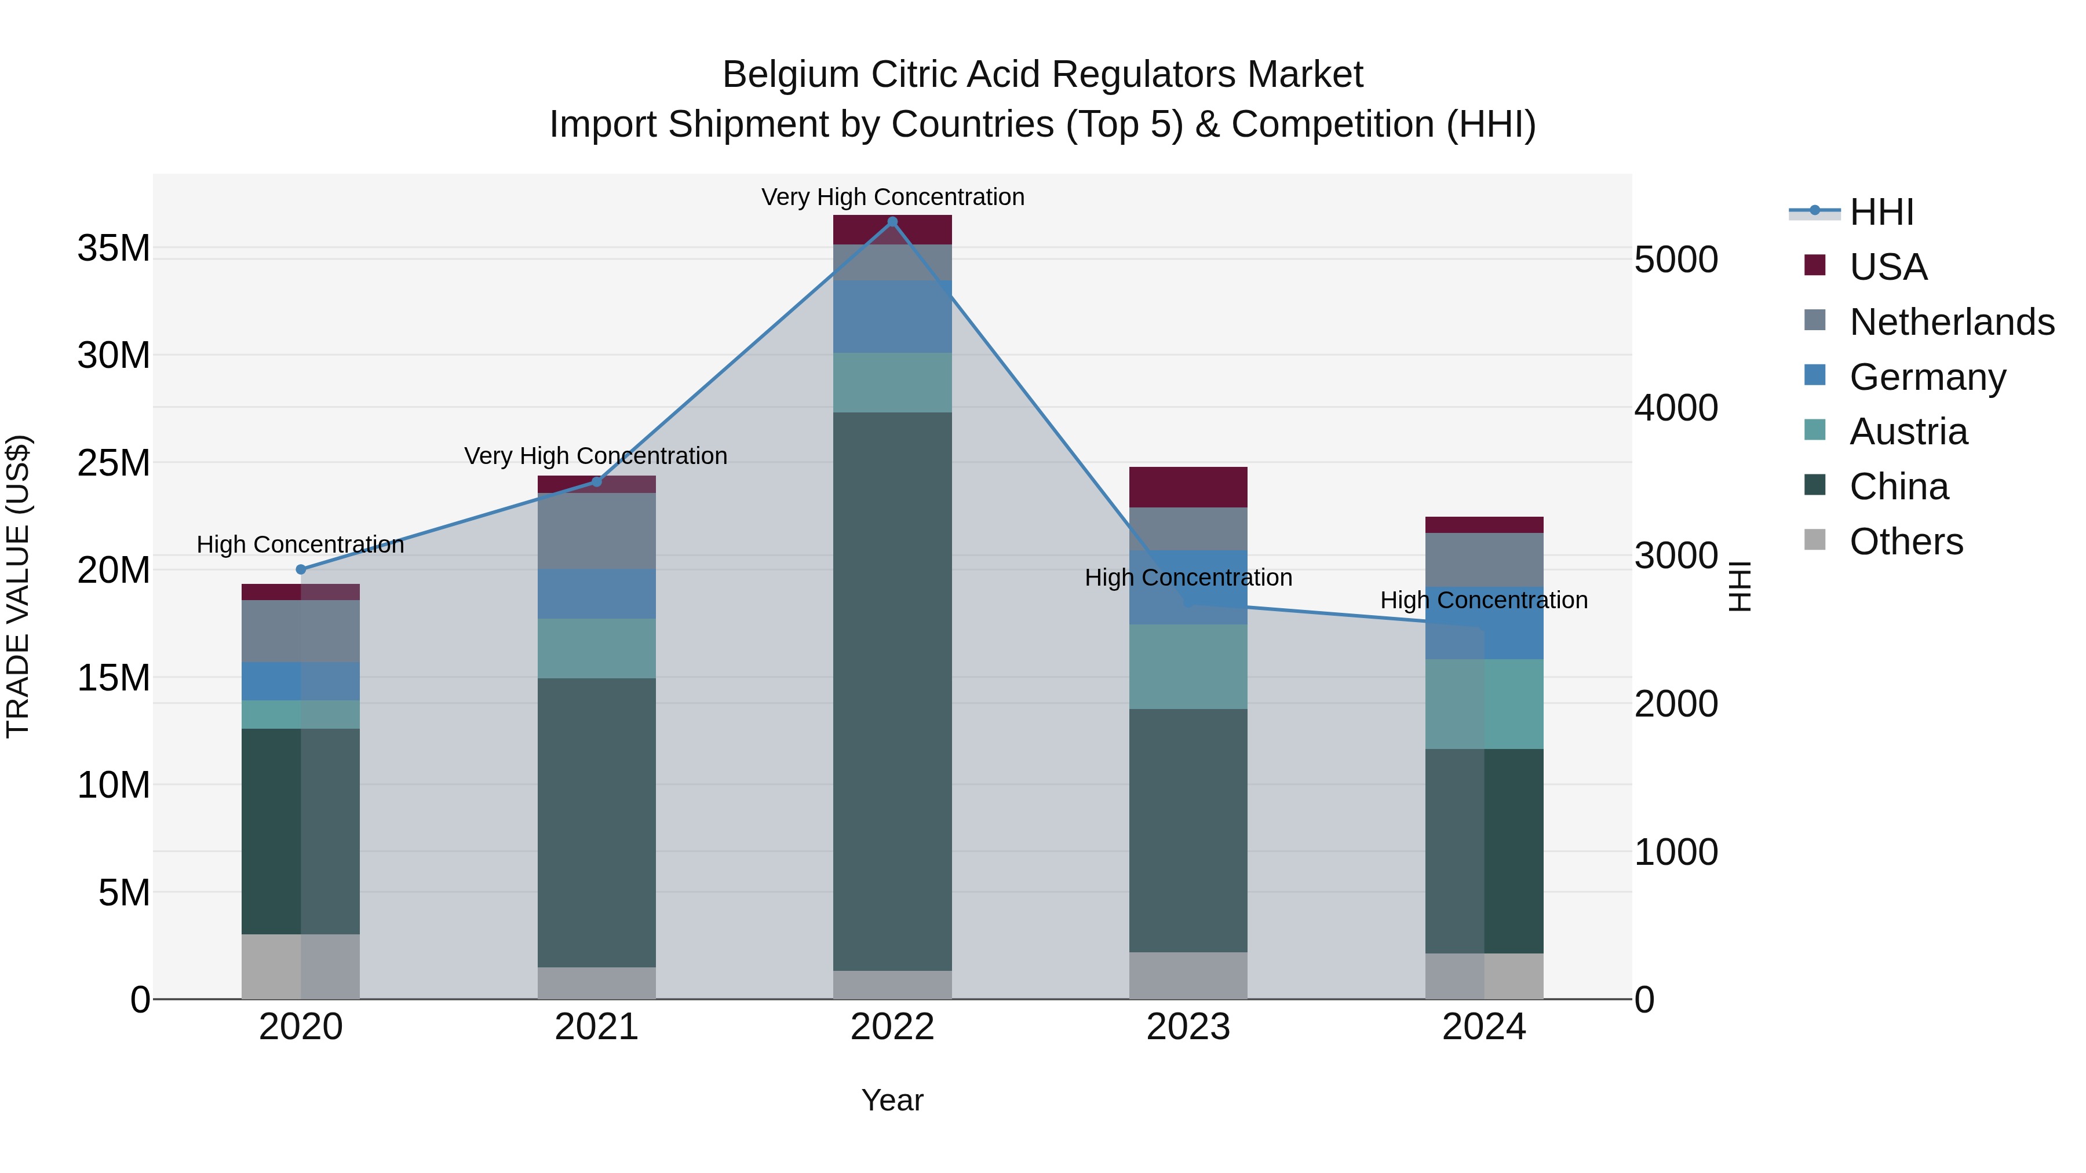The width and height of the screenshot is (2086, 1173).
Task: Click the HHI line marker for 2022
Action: pyautogui.click(x=892, y=221)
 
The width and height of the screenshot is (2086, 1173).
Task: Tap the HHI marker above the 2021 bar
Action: pyautogui.click(x=597, y=482)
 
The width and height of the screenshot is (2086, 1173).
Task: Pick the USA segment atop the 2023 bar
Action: pyautogui.click(x=1188, y=487)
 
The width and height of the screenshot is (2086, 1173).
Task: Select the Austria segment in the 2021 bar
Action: pyautogui.click(x=597, y=648)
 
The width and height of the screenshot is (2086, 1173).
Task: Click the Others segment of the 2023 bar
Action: pyautogui.click(x=1188, y=975)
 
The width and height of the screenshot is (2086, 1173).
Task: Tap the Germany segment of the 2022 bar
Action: pyautogui.click(x=892, y=316)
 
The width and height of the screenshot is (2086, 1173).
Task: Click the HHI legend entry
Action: pyautogui.click(x=1881, y=212)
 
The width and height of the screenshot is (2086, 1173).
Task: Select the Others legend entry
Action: pyautogui.click(x=1905, y=541)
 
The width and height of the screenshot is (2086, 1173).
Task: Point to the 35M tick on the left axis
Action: pyautogui.click(x=114, y=248)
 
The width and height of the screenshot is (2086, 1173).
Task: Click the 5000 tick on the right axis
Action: pyautogui.click(x=1675, y=260)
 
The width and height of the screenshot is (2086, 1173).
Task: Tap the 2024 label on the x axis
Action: pyautogui.click(x=1483, y=1026)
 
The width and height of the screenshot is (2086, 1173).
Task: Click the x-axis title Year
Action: pyautogui.click(x=892, y=1100)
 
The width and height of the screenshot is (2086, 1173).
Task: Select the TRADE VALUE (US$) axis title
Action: pyautogui.click(x=18, y=586)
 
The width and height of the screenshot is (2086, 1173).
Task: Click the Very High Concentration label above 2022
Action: pyautogui.click(x=892, y=197)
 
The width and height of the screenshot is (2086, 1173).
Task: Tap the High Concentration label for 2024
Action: pyautogui.click(x=1483, y=600)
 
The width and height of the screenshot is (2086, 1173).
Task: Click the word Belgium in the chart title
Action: pyautogui.click(x=790, y=75)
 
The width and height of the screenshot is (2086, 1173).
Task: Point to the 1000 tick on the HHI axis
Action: pyautogui.click(x=1675, y=852)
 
